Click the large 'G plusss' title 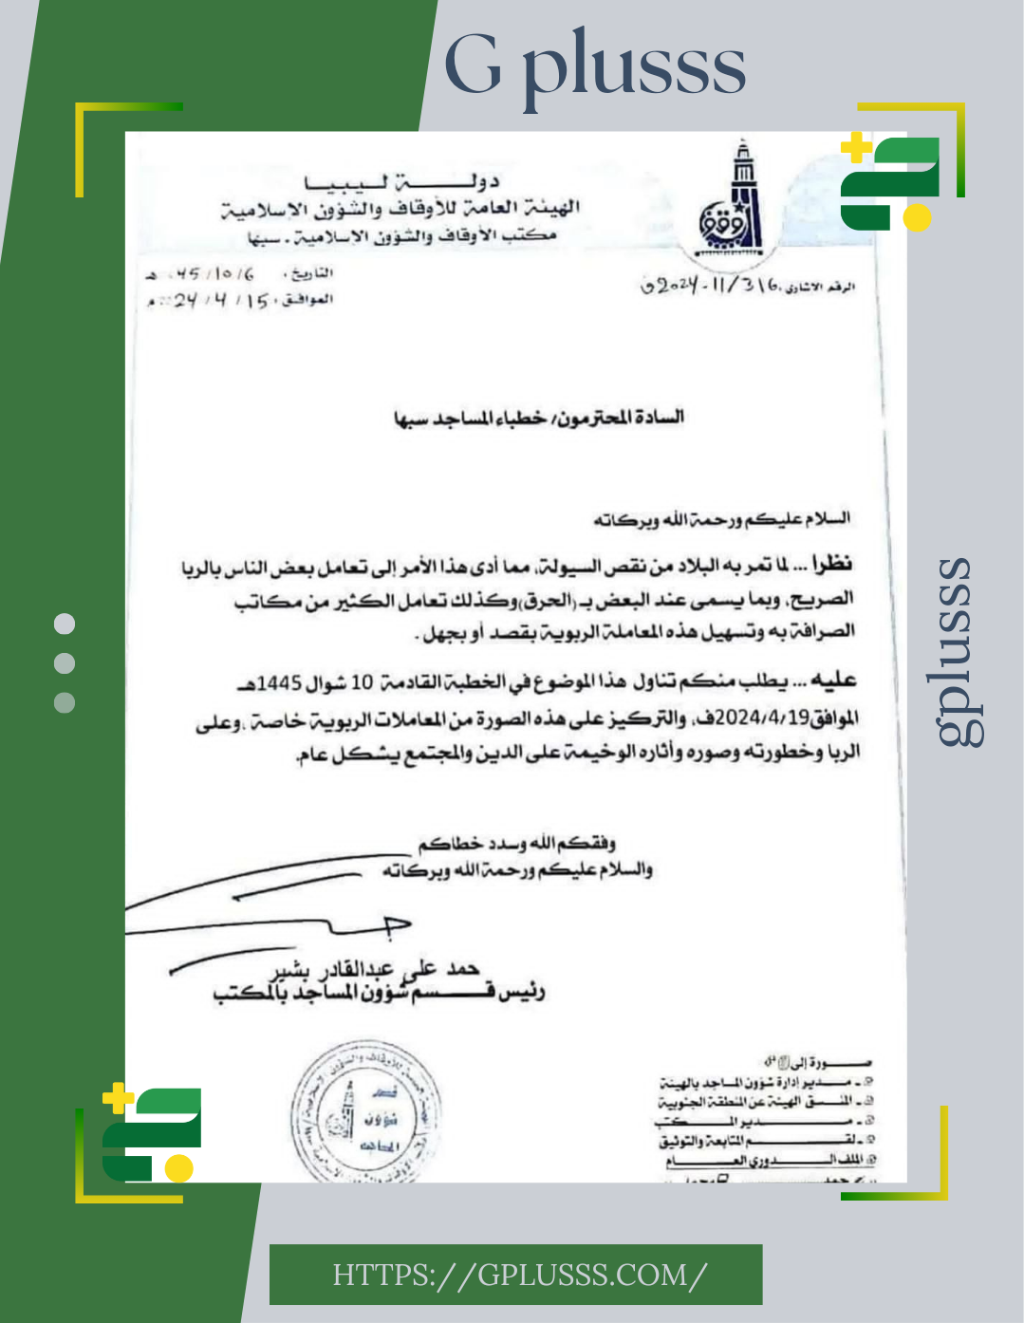point(595,66)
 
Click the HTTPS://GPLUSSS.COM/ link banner point(517,1275)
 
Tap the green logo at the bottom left point(152,1132)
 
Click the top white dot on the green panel point(65,624)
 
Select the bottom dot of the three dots point(65,703)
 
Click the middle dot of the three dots point(65,663)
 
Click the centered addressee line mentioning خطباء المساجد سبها point(538,418)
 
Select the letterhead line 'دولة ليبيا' point(401,181)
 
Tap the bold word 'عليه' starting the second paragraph point(837,680)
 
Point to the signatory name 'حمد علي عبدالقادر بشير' point(375,968)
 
